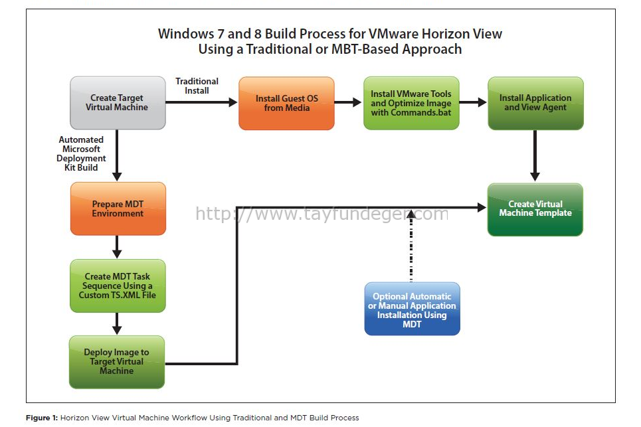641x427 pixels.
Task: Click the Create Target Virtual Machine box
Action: pos(118,103)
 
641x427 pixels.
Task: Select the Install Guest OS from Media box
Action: pos(286,104)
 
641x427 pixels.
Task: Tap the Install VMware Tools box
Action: pos(411,104)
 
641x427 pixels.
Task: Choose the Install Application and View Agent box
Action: pos(535,104)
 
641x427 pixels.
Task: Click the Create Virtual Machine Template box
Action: pos(535,210)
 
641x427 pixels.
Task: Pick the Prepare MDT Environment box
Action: pos(118,209)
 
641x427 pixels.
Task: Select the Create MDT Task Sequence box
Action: pos(118,286)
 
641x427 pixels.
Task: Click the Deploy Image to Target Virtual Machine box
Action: pos(117,362)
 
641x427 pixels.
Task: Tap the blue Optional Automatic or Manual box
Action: pos(412,309)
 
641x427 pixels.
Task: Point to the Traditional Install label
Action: pos(197,86)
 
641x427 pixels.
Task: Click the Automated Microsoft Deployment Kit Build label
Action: pos(81,153)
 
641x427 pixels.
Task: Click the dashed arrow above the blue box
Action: pos(411,246)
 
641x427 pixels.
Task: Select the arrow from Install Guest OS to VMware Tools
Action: pos(348,102)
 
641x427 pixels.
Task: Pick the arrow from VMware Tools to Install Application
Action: pos(473,102)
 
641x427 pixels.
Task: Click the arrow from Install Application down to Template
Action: pos(535,155)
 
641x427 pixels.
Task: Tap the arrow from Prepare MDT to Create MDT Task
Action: pos(117,247)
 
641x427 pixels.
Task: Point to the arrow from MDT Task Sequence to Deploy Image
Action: pos(117,323)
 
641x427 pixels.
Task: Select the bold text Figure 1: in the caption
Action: pos(42,418)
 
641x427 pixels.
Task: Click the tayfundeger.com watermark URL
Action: pos(322,214)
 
